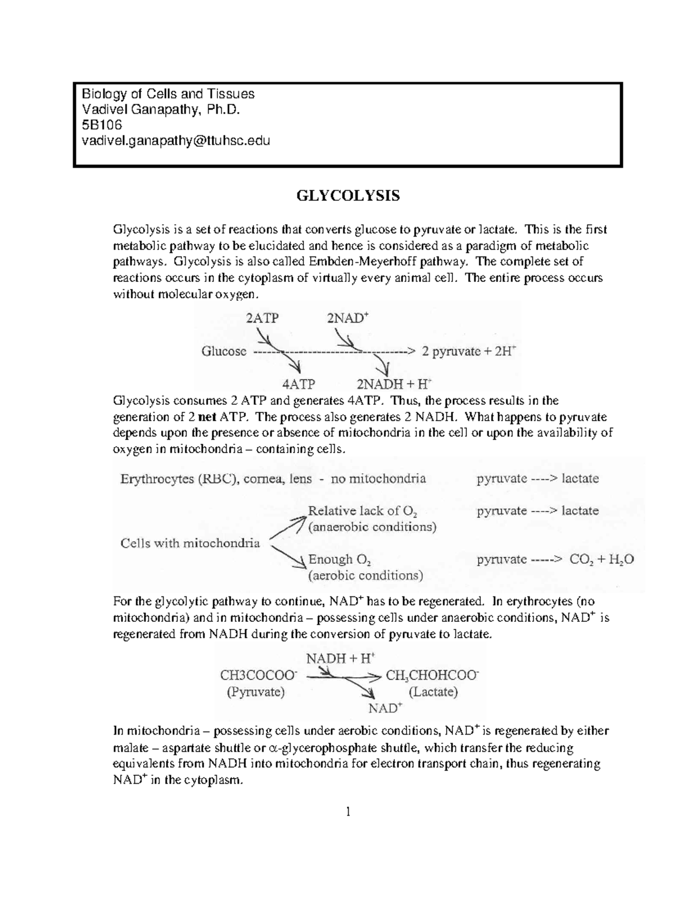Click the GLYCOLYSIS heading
[x=348, y=196]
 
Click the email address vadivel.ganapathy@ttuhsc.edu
[x=176, y=140]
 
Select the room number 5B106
[x=102, y=125]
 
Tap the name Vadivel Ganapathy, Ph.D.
[x=160, y=109]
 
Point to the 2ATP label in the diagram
[x=262, y=318]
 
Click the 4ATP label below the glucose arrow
[x=298, y=384]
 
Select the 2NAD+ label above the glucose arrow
[x=348, y=318]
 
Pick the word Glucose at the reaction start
[x=224, y=351]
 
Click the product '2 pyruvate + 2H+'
[x=469, y=351]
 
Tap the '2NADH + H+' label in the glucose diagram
[x=394, y=384]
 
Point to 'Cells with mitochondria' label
[x=190, y=544]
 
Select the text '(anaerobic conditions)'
[x=372, y=527]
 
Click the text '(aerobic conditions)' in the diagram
[x=365, y=576]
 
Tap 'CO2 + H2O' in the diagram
[x=601, y=559]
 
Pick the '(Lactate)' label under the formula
[x=433, y=692]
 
